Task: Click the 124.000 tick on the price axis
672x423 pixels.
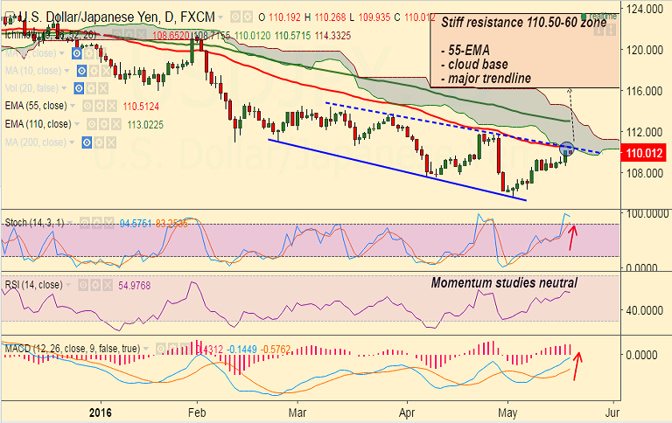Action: (643, 8)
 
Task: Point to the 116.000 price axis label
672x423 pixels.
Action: (643, 90)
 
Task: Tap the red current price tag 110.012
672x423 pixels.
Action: (643, 154)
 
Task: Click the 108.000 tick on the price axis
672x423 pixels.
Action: (643, 172)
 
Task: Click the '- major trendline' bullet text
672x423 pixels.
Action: (486, 80)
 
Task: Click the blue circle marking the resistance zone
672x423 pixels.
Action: (566, 149)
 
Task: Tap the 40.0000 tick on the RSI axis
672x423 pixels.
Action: (641, 309)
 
